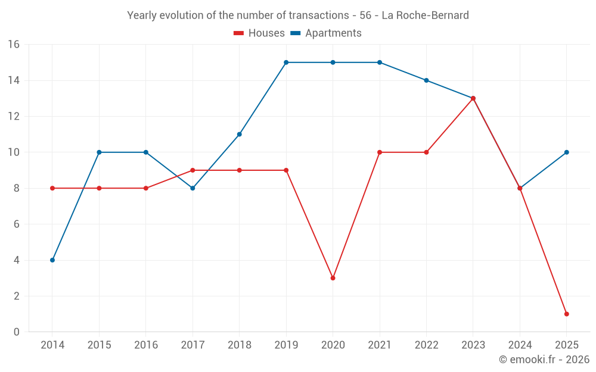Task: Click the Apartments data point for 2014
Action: tap(52, 260)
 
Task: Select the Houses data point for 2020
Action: tap(333, 278)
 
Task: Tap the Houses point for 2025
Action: tap(566, 314)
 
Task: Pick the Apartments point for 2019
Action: tap(286, 62)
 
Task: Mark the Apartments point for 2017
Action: tap(193, 188)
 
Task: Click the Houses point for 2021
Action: tap(380, 152)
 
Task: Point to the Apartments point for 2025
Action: tap(566, 152)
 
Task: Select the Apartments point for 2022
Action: tap(426, 80)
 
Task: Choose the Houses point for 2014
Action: tap(52, 188)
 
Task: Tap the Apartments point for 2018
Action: tap(239, 135)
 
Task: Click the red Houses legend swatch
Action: tap(239, 33)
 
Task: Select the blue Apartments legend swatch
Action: tap(296, 33)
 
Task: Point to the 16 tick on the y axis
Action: tap(14, 45)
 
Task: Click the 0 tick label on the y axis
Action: tap(16, 332)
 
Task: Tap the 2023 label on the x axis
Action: tap(473, 345)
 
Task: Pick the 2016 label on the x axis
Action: tap(146, 345)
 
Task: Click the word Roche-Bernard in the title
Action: tap(434, 15)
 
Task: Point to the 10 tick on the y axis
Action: tap(14, 152)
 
